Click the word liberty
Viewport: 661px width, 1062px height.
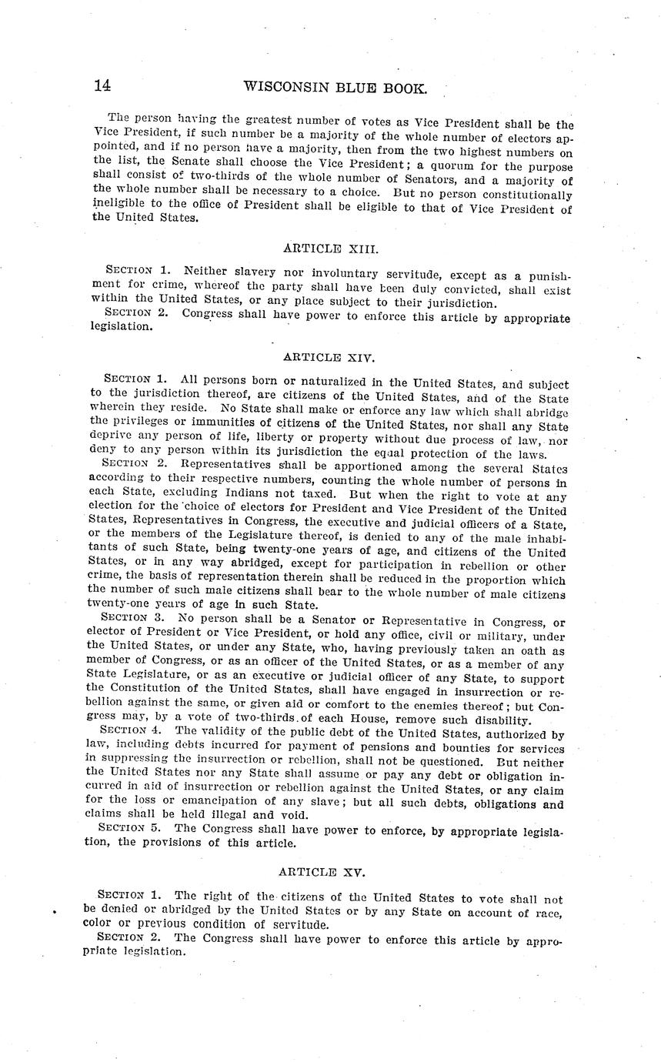(x=267, y=441)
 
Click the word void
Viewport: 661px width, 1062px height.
(x=295, y=815)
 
